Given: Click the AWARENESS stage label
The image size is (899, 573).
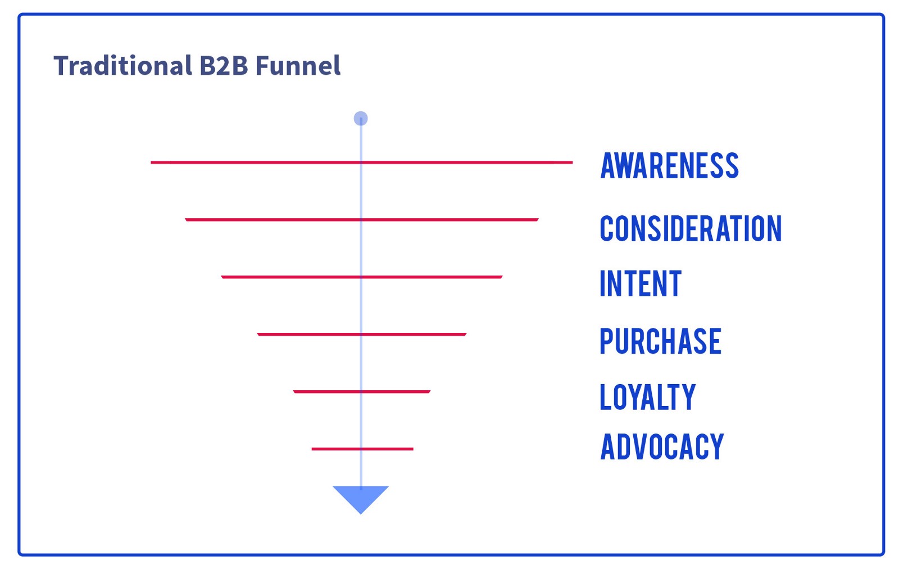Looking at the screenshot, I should click(x=669, y=166).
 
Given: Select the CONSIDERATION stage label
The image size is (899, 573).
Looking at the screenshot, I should click(x=691, y=229).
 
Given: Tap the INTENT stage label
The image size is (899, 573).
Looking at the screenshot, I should click(x=641, y=284).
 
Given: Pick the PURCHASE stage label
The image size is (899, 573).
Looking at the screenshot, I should click(x=660, y=341).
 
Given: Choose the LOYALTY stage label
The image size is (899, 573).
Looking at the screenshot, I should click(x=647, y=397).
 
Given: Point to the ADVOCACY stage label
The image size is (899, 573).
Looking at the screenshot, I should click(x=662, y=448).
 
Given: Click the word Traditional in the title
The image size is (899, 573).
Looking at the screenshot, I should click(x=122, y=66).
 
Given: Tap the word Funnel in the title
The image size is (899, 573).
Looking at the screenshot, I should click(x=298, y=66).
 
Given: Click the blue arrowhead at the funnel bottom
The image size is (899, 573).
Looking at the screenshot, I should click(x=361, y=497).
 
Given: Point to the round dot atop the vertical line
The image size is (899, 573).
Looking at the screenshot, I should click(x=361, y=119).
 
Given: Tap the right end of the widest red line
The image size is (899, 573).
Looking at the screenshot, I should click(x=571, y=163).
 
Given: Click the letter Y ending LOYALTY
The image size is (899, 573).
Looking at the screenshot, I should click(x=688, y=397).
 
